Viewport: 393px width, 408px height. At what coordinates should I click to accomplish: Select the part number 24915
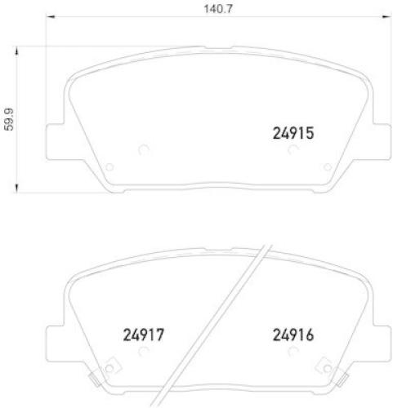point(293,132)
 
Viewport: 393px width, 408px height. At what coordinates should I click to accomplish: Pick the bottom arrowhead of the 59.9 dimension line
point(18,191)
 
